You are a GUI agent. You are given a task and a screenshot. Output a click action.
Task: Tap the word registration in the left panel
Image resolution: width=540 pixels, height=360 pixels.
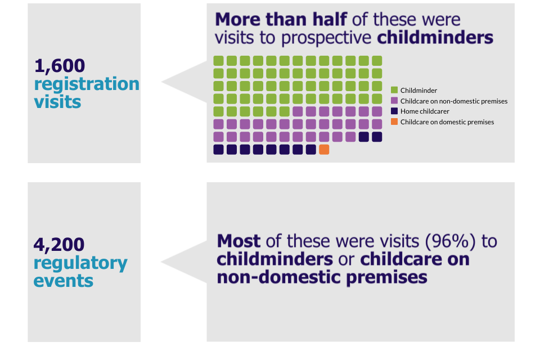[87, 84]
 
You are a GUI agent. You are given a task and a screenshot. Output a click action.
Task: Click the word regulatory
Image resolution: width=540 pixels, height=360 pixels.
[80, 263]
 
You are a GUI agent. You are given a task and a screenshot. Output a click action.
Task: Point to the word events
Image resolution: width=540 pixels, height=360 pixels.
[64, 280]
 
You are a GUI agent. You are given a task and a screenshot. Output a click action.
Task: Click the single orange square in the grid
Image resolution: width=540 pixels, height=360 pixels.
[324, 150]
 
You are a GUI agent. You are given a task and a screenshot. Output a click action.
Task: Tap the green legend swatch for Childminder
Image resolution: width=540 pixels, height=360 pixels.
[394, 90]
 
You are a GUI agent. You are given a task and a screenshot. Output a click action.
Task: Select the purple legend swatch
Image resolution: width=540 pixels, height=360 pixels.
[394, 101]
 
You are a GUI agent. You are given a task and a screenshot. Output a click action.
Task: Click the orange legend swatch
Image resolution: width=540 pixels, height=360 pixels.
[394, 121]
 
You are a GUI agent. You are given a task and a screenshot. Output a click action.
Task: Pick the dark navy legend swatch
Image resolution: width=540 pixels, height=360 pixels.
[394, 111]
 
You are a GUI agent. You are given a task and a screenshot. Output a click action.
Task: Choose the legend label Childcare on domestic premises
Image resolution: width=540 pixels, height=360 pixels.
[447, 121]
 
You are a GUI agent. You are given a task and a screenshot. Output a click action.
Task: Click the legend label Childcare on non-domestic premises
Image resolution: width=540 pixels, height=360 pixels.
[454, 101]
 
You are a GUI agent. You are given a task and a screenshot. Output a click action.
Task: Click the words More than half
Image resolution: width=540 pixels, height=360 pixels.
[281, 19]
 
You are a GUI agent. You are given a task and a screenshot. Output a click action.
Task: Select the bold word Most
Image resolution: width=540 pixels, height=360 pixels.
[238, 241]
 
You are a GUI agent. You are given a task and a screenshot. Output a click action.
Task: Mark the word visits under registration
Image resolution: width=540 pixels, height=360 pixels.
[57, 102]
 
